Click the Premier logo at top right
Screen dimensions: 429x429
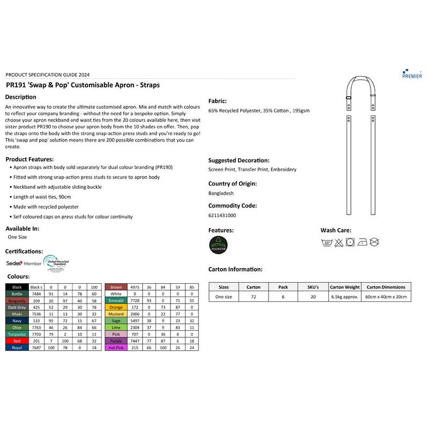pyautogui.click(x=411, y=73)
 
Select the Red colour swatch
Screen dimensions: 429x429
pyautogui.click(x=17, y=341)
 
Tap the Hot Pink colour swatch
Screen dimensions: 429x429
pyautogui.click(x=116, y=348)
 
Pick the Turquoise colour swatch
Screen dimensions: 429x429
pyautogui.click(x=17, y=333)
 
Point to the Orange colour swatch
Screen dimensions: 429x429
pyautogui.click(x=116, y=307)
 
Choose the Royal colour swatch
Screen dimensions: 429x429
pyautogui.click(x=17, y=348)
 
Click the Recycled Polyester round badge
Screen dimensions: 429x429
pyautogui.click(x=218, y=245)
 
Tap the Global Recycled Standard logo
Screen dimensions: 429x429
pyautogui.click(x=56, y=263)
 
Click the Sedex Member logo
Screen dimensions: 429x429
pyautogui.click(x=24, y=263)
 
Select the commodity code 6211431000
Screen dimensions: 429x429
pyautogui.click(x=222, y=215)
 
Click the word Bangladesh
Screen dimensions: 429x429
pyautogui.click(x=221, y=193)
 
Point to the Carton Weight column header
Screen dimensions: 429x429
pyautogui.click(x=345, y=287)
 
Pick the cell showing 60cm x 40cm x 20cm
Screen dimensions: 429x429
pyautogui.click(x=386, y=297)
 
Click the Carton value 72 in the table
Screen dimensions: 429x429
pyautogui.click(x=253, y=297)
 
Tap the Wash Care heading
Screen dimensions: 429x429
pyautogui.click(x=336, y=230)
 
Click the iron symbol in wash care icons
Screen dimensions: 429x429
pyautogui.click(x=362, y=242)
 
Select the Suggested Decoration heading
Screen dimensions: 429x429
pyautogui.click(x=239, y=160)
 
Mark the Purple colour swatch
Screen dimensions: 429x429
pyautogui.click(x=116, y=341)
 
